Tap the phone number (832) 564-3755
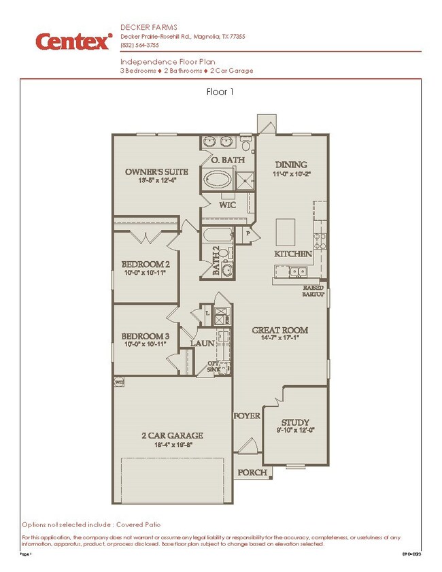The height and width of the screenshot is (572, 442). coord(140,46)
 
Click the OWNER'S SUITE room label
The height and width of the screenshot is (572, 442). coord(150,171)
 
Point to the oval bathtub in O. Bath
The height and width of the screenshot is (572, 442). coord(218,181)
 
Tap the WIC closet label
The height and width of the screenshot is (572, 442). coord(226,204)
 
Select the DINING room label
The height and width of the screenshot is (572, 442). coord(290,165)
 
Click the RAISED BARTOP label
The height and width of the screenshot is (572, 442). coord(313,290)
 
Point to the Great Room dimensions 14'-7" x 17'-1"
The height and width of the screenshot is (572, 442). coord(279,339)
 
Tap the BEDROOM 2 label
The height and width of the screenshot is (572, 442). coord(145,264)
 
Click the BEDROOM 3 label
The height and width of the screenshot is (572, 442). coord(145,336)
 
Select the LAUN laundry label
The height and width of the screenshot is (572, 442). coord(202,344)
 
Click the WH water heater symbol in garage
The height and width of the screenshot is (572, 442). coord(119,382)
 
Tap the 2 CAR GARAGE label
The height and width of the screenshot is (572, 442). coord(172,436)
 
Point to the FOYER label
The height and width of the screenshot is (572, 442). coord(248,416)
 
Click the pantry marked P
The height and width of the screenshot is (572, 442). coord(248,233)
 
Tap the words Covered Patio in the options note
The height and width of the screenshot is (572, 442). coord(139,525)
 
